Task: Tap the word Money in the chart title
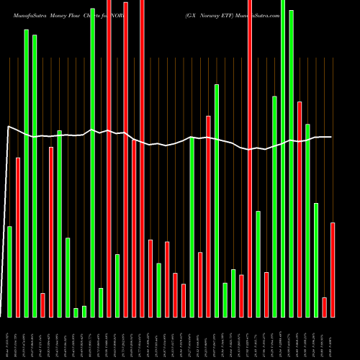click(x=67, y=14)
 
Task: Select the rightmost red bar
click(x=333, y=270)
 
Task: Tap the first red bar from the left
click(x=18, y=237)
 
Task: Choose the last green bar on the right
click(x=316, y=260)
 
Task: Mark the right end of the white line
click(x=331, y=137)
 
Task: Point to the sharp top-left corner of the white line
click(x=8, y=127)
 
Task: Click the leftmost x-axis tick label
click(x=9, y=338)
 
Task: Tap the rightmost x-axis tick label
click(x=333, y=338)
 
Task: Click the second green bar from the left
click(x=27, y=173)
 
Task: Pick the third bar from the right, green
click(x=316, y=260)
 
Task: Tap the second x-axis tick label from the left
click(x=17, y=338)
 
